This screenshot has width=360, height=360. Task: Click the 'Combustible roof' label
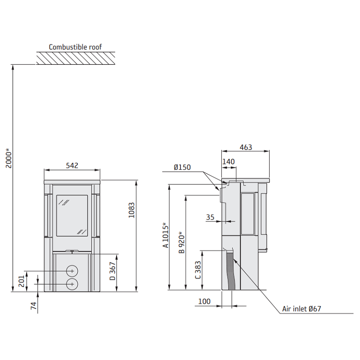75,47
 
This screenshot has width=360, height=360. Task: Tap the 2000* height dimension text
9,158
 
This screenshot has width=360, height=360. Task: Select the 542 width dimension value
72,166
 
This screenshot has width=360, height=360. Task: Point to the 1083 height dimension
131,210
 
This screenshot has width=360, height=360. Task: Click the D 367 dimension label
112,271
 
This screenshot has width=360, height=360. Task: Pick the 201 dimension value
21,281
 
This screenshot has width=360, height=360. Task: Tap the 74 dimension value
33,306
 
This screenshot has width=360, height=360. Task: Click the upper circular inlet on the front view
72,271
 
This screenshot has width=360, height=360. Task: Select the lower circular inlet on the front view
72,284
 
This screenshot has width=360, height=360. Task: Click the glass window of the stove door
72,216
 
